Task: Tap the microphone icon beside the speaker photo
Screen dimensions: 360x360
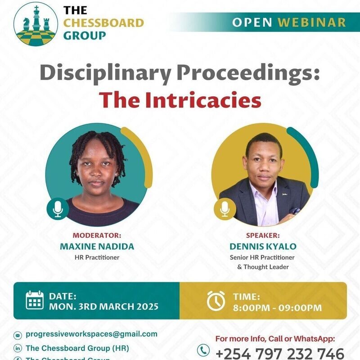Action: (x=225, y=208)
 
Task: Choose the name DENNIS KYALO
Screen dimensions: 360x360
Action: (x=263, y=247)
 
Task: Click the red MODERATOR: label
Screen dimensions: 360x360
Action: (x=97, y=235)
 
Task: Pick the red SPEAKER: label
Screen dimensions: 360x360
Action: (x=263, y=235)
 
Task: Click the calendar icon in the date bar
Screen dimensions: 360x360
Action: (x=35, y=300)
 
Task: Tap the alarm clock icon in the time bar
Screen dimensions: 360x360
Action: (x=216, y=300)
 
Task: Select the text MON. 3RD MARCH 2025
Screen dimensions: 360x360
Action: (x=103, y=307)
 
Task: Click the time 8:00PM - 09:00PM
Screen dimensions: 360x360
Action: (x=277, y=308)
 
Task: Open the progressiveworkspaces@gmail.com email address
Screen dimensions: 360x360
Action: (x=91, y=334)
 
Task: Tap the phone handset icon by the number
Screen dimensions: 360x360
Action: (x=203, y=350)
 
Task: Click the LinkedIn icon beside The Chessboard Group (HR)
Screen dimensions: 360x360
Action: (x=18, y=348)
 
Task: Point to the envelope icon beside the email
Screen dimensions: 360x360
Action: (x=18, y=335)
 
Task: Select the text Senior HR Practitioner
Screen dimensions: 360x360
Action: (x=262, y=258)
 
